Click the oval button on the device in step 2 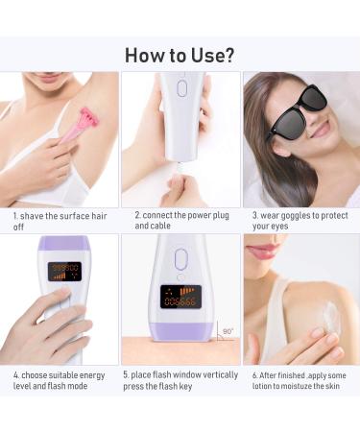click(x=180, y=88)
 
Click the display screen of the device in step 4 click(x=65, y=272)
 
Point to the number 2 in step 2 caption click(x=136, y=215)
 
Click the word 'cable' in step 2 click(x=161, y=227)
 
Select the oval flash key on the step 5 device click(x=180, y=260)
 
